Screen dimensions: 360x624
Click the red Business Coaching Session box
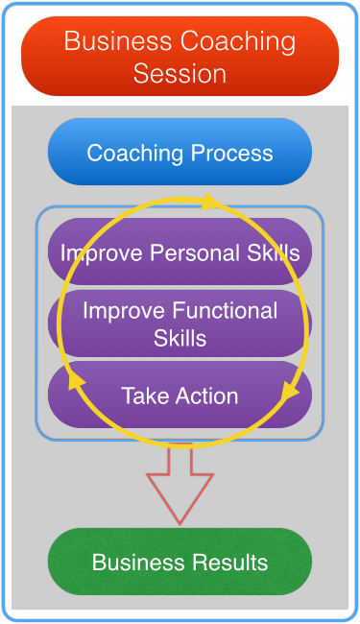point(180,56)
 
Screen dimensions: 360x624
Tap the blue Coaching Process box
point(180,152)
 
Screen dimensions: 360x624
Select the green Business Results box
point(180,562)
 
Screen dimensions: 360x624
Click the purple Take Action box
point(180,395)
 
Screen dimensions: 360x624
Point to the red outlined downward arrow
point(180,484)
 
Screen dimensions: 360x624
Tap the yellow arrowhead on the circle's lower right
point(290,391)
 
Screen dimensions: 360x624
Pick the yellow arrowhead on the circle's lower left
point(76,381)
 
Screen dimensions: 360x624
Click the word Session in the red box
point(180,74)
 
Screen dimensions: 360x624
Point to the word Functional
point(226,310)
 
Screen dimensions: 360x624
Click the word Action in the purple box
point(206,396)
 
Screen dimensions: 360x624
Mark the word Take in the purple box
point(146,396)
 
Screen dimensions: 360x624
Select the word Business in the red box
point(118,40)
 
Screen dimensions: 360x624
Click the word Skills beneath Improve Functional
point(180,338)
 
